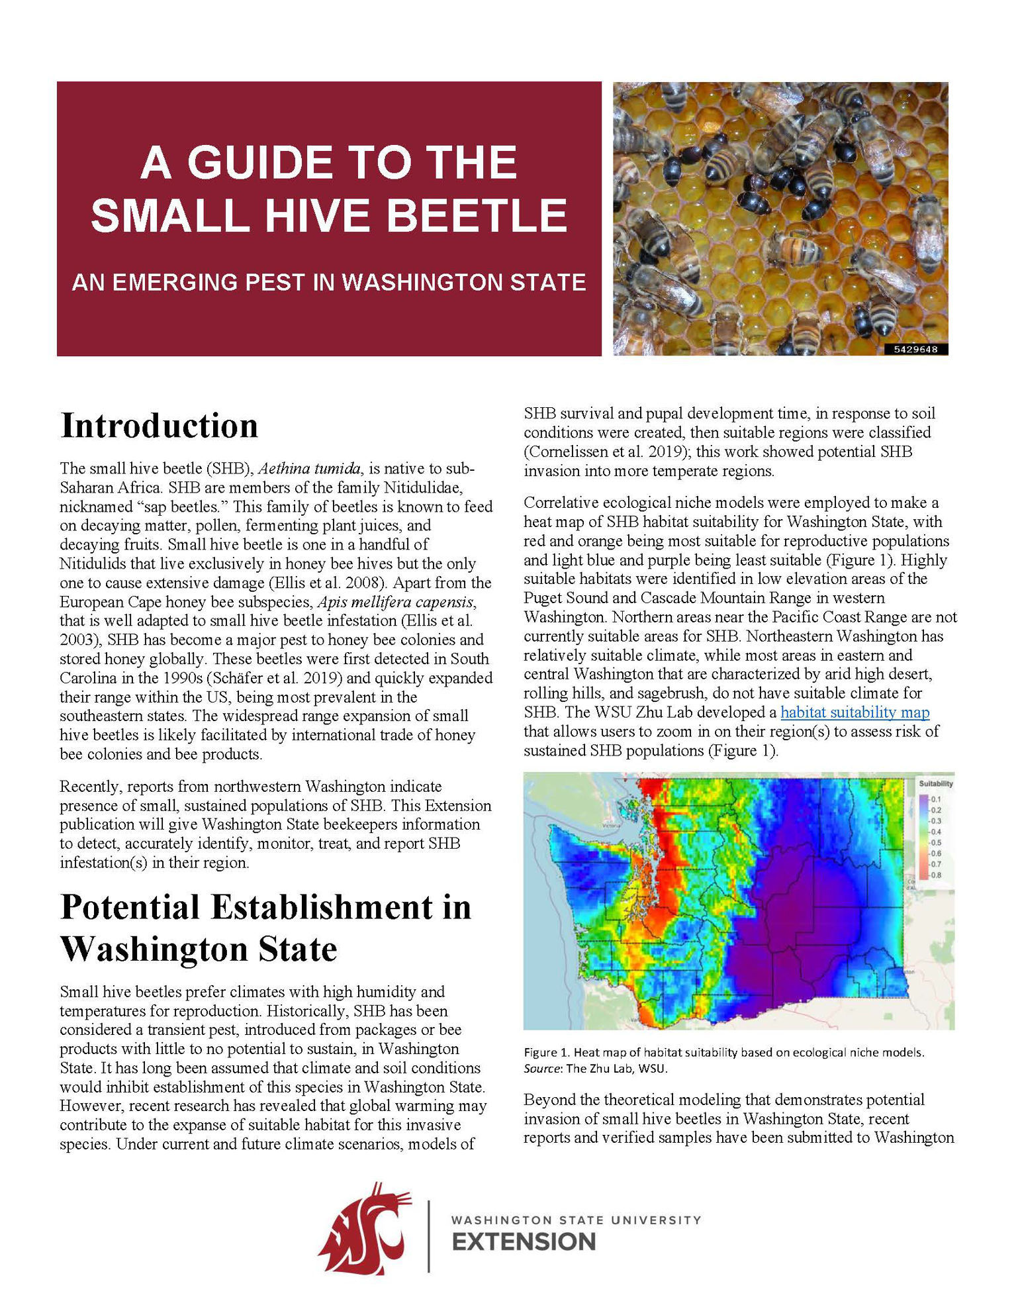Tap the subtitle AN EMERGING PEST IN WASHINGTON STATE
click(329, 283)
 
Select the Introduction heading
click(159, 426)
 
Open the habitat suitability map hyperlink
click(855, 712)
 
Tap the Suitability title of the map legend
click(935, 783)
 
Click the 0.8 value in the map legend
click(936, 875)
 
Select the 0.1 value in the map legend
click(936, 799)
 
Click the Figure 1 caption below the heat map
click(723, 1052)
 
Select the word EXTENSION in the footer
click(524, 1242)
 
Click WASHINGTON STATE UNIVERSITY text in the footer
click(575, 1220)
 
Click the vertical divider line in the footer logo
click(429, 1236)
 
